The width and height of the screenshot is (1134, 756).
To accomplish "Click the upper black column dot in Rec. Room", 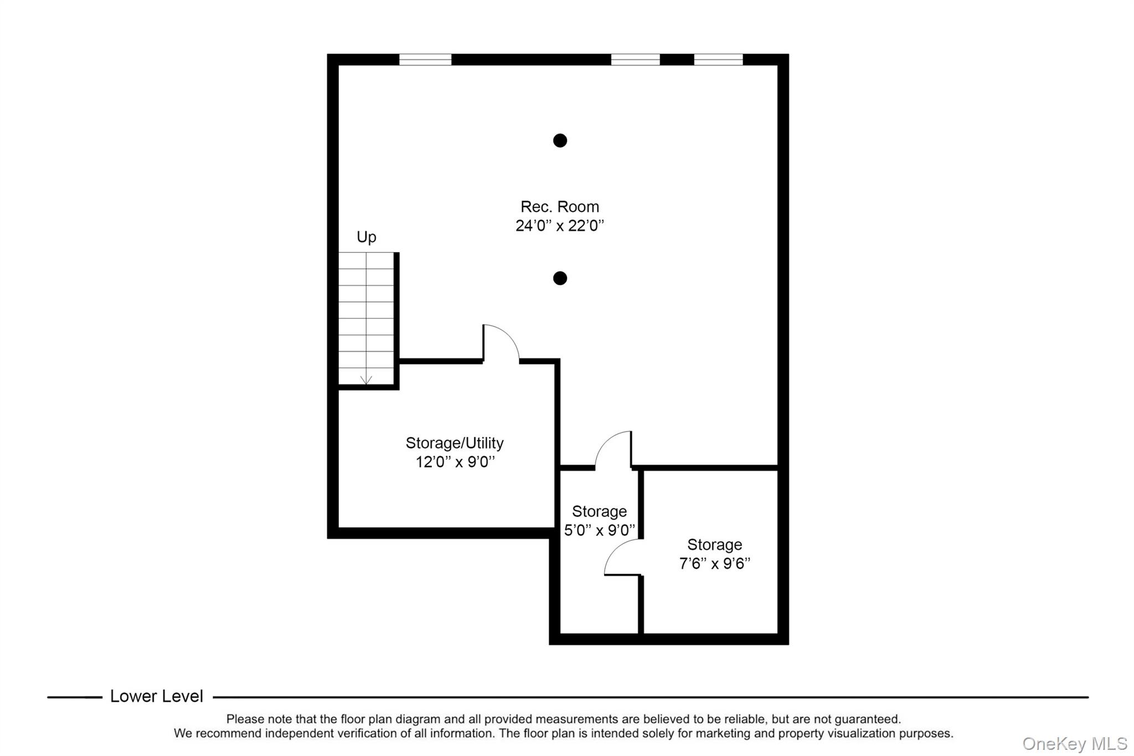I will [560, 141].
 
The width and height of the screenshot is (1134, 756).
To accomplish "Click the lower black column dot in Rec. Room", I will [560, 278].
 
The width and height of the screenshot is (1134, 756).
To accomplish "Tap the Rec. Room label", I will [559, 207].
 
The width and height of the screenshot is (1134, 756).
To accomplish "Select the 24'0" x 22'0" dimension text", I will [559, 226].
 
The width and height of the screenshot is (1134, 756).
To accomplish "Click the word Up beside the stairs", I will [366, 237].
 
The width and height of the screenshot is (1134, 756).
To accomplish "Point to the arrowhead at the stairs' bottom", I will [366, 380].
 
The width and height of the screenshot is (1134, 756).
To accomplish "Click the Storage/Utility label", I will [454, 443].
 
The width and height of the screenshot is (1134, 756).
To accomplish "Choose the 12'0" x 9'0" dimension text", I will [455, 462].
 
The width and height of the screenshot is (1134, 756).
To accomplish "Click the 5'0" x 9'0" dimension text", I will [599, 531].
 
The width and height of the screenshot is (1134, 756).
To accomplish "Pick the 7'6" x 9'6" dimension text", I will [714, 564].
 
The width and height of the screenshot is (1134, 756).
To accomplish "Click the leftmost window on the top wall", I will [425, 60].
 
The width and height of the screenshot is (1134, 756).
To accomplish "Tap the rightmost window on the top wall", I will [718, 60].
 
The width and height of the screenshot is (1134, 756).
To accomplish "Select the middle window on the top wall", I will [635, 60].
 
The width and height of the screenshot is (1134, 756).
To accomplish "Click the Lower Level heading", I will [156, 696].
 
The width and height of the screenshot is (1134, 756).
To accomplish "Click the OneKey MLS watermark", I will [1074, 743].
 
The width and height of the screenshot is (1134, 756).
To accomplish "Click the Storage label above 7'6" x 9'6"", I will [714, 545].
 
